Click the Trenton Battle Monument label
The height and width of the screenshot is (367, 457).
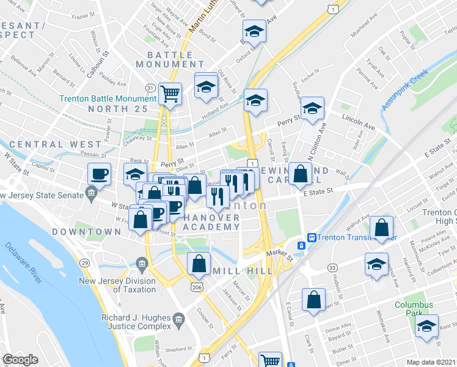(108, 99)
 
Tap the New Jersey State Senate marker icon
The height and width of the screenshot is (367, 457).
(92, 195)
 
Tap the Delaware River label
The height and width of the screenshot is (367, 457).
(23, 262)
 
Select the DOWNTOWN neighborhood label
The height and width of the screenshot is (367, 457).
(87, 232)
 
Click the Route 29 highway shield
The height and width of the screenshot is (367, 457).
(85, 262)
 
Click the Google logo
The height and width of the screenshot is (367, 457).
(21, 360)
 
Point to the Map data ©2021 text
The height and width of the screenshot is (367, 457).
(431, 362)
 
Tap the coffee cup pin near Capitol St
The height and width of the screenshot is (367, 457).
(99, 174)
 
